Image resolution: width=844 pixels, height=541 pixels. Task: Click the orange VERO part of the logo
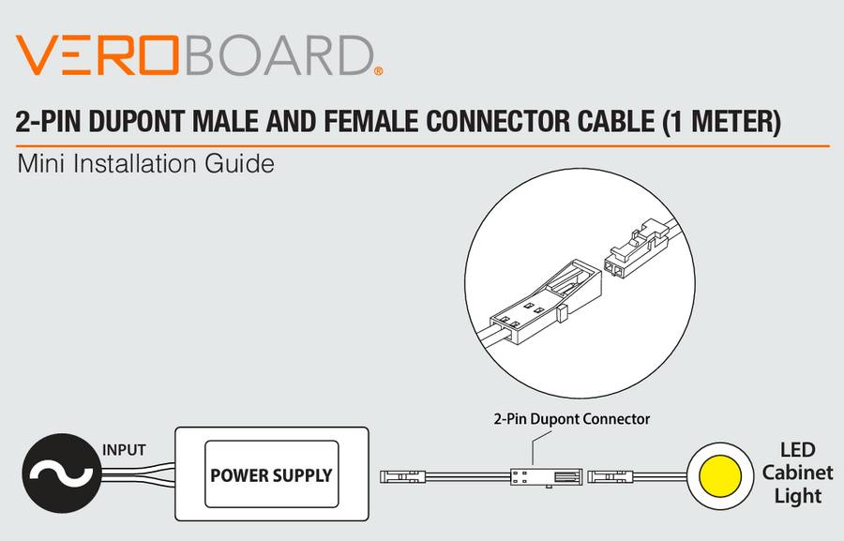98,56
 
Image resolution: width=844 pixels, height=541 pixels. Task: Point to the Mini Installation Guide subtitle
145,165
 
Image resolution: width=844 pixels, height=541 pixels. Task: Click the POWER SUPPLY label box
271,474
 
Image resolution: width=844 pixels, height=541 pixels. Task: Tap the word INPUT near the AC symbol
124,450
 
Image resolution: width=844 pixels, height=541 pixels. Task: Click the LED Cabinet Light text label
797,473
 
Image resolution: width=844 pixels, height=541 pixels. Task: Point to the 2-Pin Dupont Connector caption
572,419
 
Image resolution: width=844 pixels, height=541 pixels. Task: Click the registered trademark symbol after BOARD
378,71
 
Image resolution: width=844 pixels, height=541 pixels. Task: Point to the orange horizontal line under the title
422,146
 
